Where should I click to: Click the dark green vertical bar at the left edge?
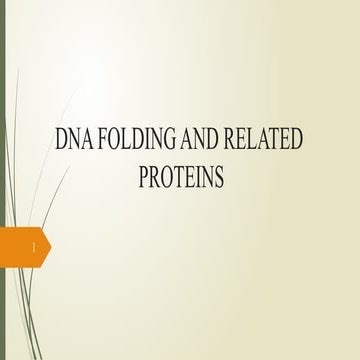tap(2, 180)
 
